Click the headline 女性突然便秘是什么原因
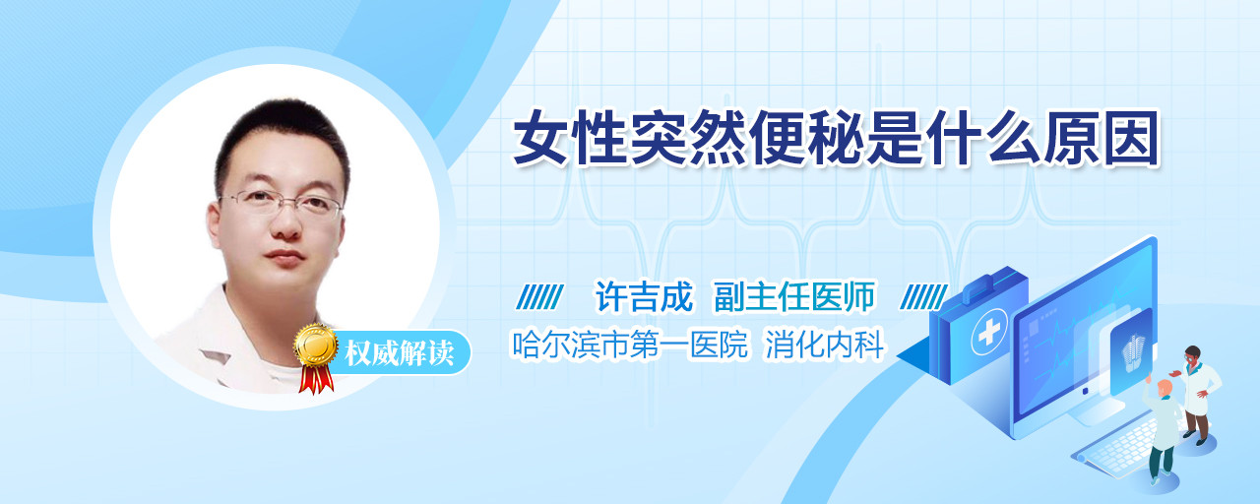point(837,139)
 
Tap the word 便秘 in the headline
point(808,139)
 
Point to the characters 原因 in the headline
point(1102,139)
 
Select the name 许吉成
point(644,296)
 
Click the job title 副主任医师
point(794,296)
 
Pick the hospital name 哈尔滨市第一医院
point(629,345)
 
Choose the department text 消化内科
point(825,345)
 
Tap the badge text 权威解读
point(399,353)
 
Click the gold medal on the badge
point(316,346)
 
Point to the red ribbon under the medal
point(316,379)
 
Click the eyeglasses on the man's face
point(281,203)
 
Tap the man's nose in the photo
point(286,225)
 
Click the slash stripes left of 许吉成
point(540,297)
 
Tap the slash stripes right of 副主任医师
point(923,297)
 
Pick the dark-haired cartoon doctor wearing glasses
point(1197,394)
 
